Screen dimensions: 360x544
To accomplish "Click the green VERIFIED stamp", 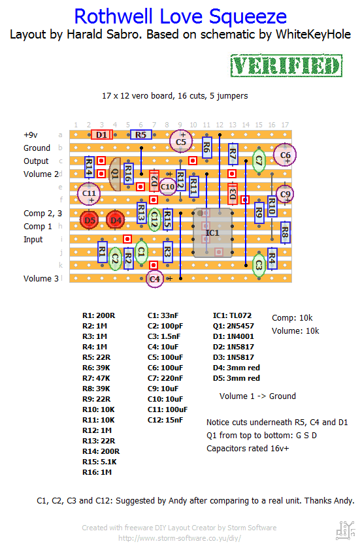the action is click(x=286, y=65).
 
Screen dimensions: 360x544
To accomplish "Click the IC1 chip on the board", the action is click(x=213, y=232).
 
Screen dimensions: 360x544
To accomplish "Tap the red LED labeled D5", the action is click(x=90, y=220).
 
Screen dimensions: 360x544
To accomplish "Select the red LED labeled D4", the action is click(x=115, y=220).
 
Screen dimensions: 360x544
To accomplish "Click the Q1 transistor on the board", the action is click(x=115, y=174).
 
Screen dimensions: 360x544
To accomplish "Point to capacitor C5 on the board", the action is click(x=180, y=141).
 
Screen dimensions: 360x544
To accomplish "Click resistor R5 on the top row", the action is click(x=141, y=135).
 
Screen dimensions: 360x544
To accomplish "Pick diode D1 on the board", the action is click(x=102, y=135).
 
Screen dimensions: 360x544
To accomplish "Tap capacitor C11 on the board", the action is click(x=89, y=193).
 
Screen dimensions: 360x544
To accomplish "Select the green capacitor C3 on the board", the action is click(x=259, y=265).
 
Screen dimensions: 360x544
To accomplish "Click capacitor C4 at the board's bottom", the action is click(x=154, y=279).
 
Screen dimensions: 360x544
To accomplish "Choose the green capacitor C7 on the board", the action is click(x=259, y=160).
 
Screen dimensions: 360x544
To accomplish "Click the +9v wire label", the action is click(x=31, y=135).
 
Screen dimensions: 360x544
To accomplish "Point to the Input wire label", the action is click(x=33, y=240).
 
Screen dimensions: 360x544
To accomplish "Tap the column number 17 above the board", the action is click(x=285, y=125).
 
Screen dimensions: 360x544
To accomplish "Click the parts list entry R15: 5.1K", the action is click(x=99, y=462).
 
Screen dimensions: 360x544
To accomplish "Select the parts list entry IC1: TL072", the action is click(x=232, y=315).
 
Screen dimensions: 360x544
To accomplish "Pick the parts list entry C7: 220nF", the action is click(x=165, y=378).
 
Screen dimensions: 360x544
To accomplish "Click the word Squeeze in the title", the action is click(x=248, y=18).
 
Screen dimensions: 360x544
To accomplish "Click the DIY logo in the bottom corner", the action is click(x=346, y=530).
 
